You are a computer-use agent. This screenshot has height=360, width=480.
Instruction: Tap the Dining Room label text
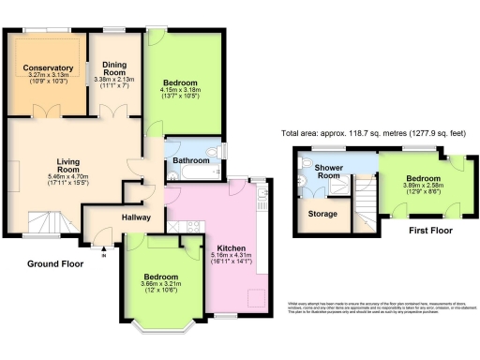click(115, 68)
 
